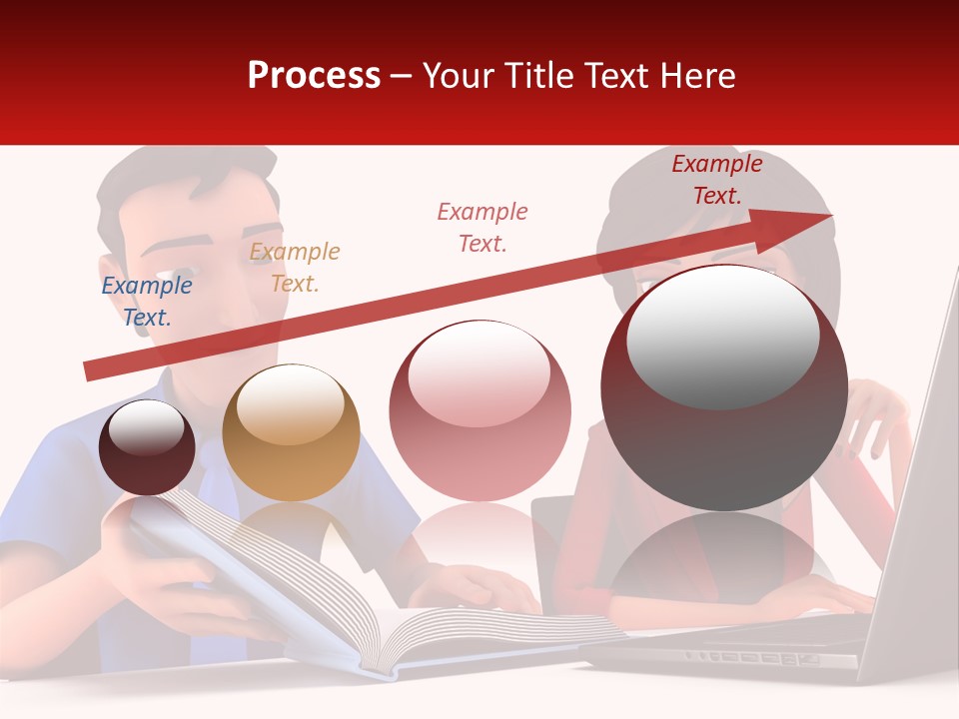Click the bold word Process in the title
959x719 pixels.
click(x=314, y=76)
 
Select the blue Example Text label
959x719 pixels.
click(x=147, y=302)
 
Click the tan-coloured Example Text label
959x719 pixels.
click(x=295, y=268)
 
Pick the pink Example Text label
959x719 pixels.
click(x=482, y=227)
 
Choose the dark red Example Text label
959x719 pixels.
click(x=716, y=180)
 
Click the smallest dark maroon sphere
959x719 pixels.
click(x=147, y=447)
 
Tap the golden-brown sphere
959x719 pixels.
click(x=291, y=432)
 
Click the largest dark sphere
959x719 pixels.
click(x=724, y=389)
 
